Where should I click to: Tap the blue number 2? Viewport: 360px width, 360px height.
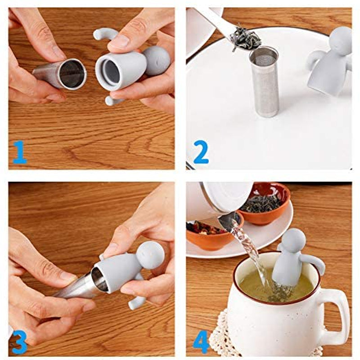pos(201,152)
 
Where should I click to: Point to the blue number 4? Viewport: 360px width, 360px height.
pos(201,342)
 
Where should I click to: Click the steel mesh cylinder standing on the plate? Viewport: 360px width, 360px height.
pos(265,82)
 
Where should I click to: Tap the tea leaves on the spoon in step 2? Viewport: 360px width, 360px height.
pos(245,40)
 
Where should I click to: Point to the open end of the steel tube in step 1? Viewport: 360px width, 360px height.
pos(72,74)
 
